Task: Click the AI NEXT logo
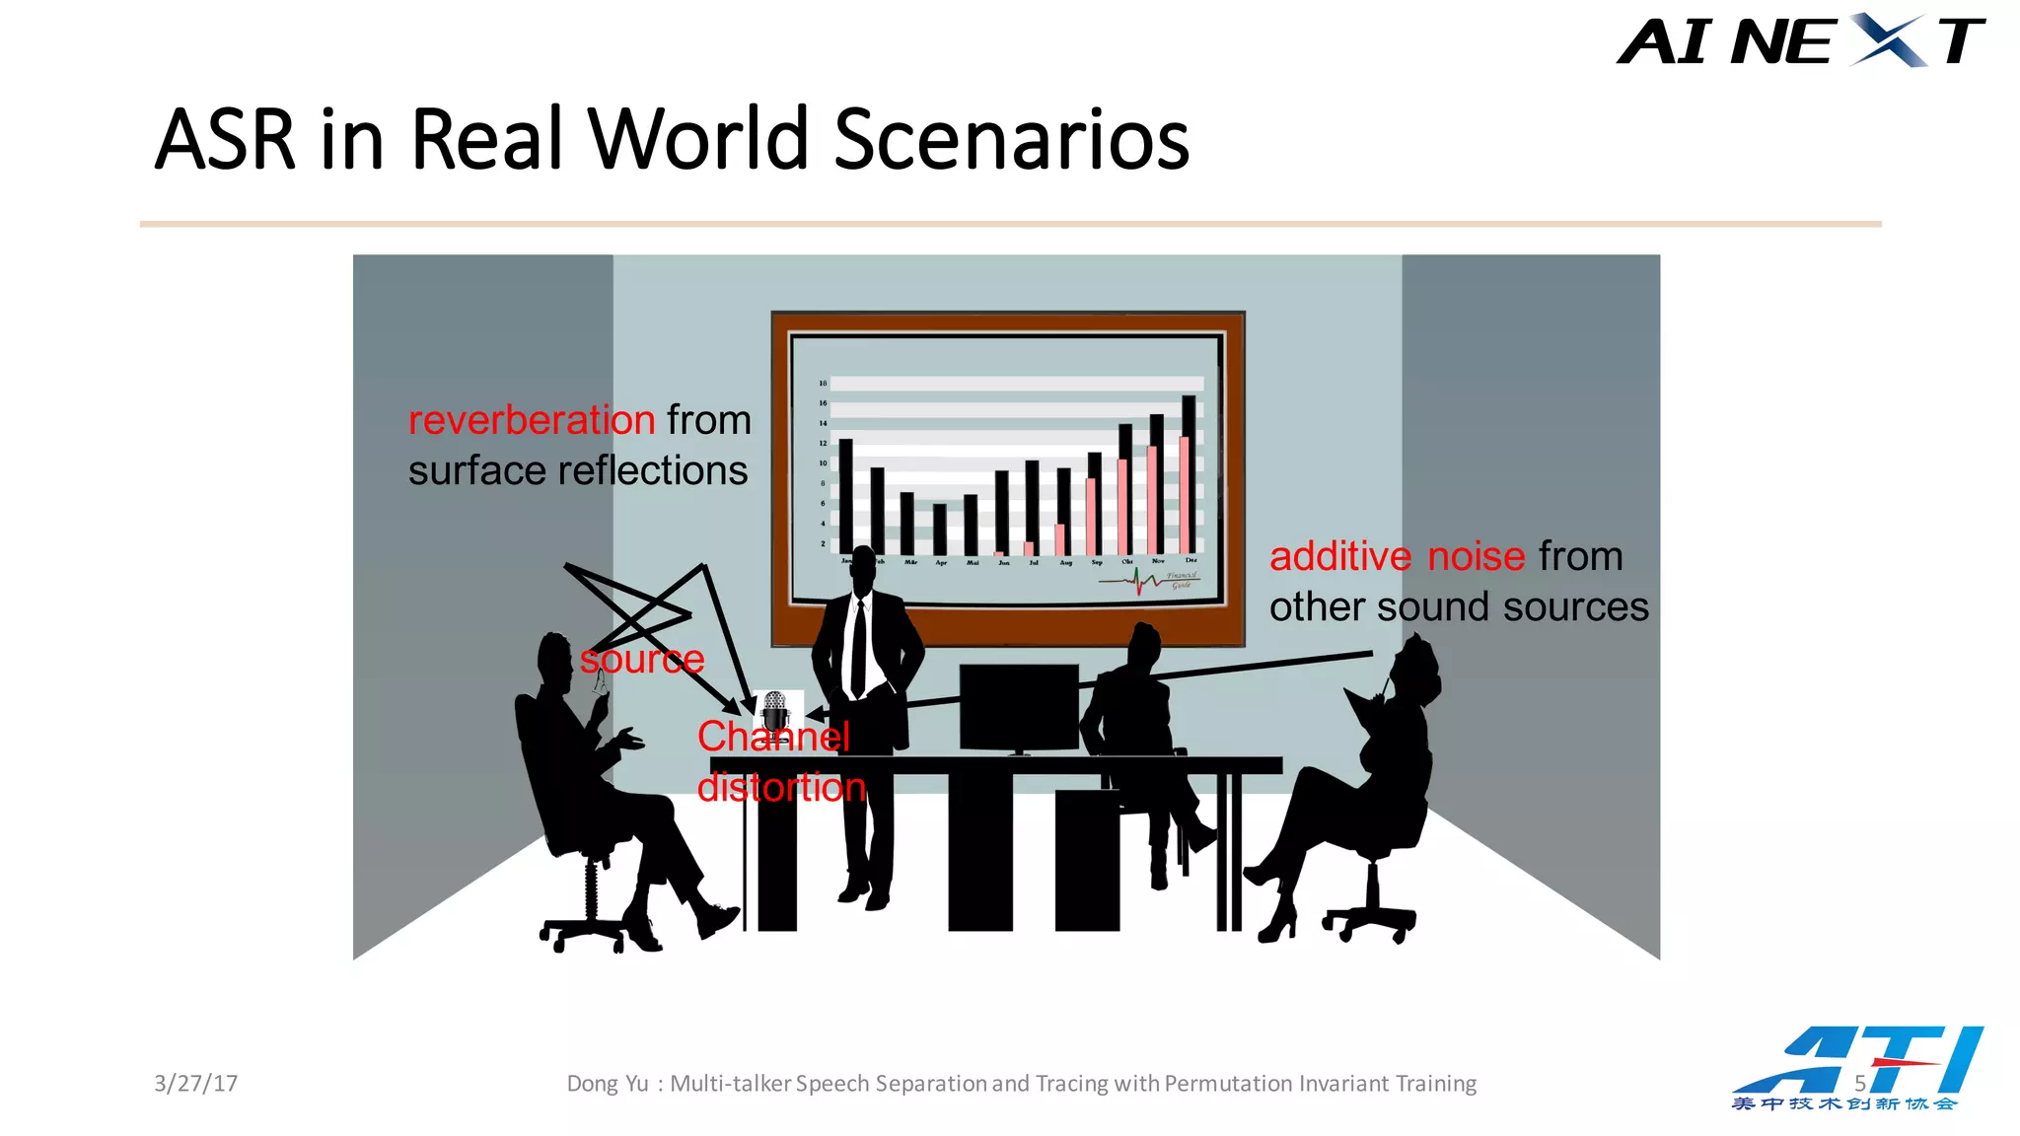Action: pyautogui.click(x=1799, y=41)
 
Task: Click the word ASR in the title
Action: pyautogui.click(x=225, y=140)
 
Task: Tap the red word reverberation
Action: pyautogui.click(x=532, y=421)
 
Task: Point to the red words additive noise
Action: pyautogui.click(x=1397, y=557)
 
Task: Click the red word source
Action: pyautogui.click(x=641, y=659)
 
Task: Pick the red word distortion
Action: pyautogui.click(x=781, y=788)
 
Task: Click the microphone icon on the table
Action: pyautogui.click(x=775, y=708)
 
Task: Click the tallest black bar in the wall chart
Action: pyautogui.click(x=1189, y=473)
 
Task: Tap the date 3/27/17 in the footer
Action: pyautogui.click(x=195, y=1084)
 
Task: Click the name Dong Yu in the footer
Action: pyautogui.click(x=607, y=1084)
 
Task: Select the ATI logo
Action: pyautogui.click(x=1858, y=1067)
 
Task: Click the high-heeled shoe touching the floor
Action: pyautogui.click(x=1278, y=925)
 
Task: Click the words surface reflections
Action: pyautogui.click(x=578, y=471)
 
